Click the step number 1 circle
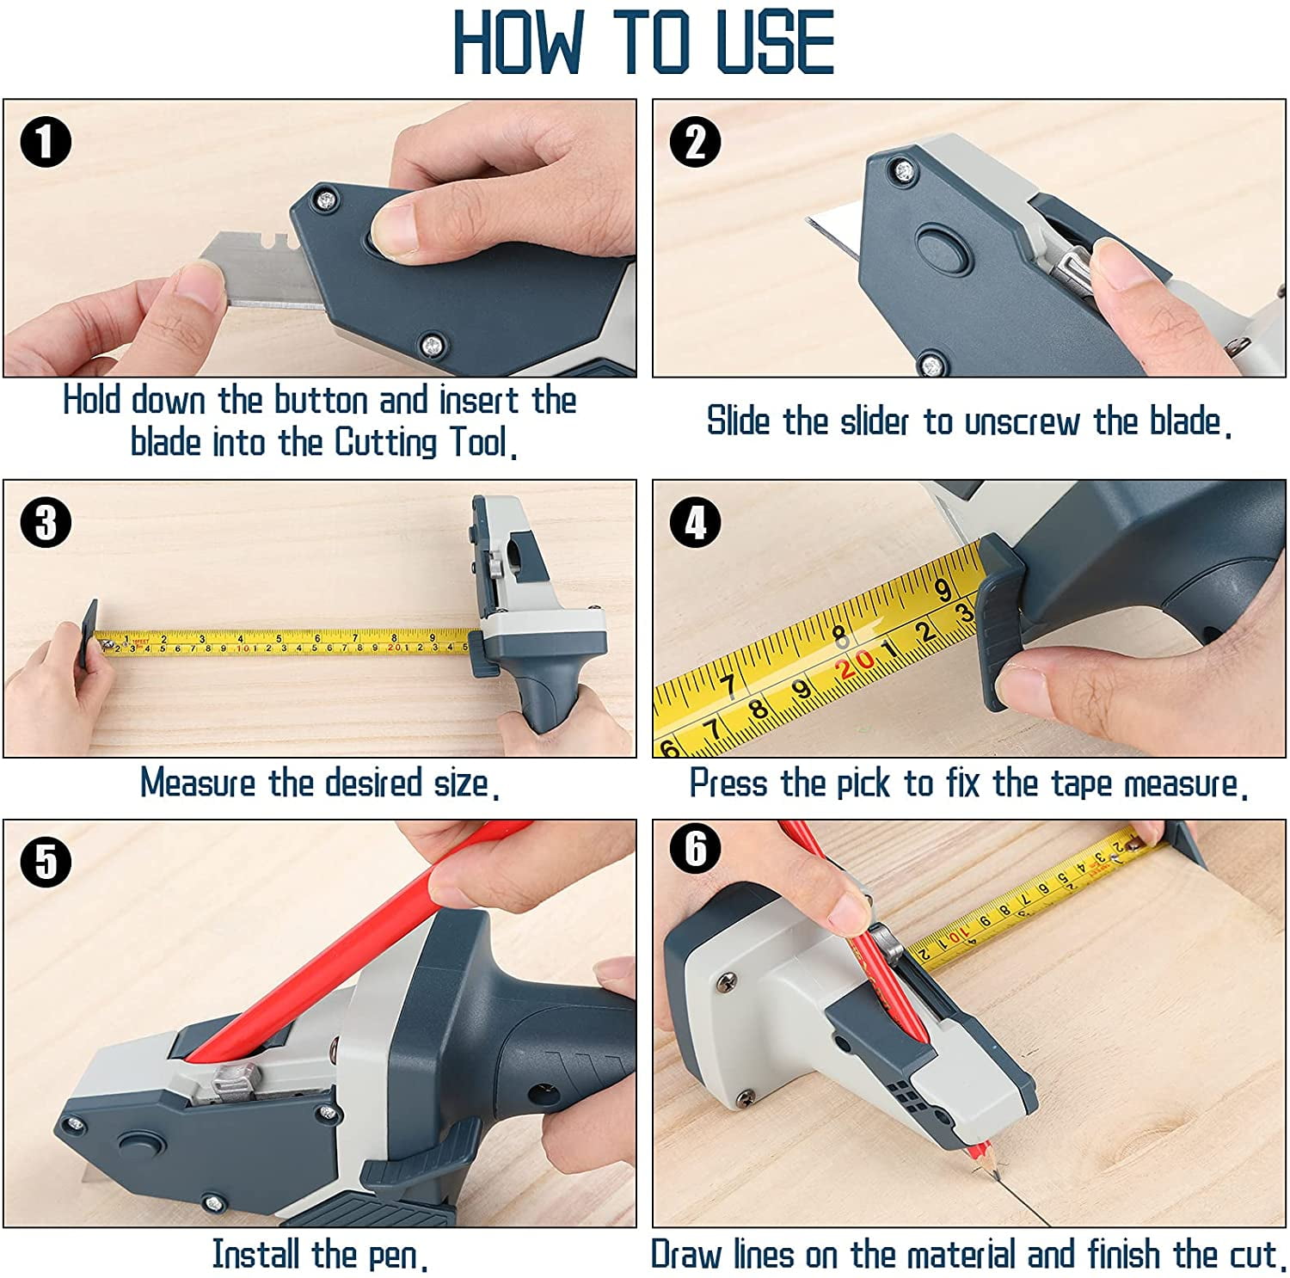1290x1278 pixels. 46,142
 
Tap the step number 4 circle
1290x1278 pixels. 695,521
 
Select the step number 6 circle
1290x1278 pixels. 695,850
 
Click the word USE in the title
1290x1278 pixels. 774,43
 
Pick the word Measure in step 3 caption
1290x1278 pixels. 198,783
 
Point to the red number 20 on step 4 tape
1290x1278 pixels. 857,663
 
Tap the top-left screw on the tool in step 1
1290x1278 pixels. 326,200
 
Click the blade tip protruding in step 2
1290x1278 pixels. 817,225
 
